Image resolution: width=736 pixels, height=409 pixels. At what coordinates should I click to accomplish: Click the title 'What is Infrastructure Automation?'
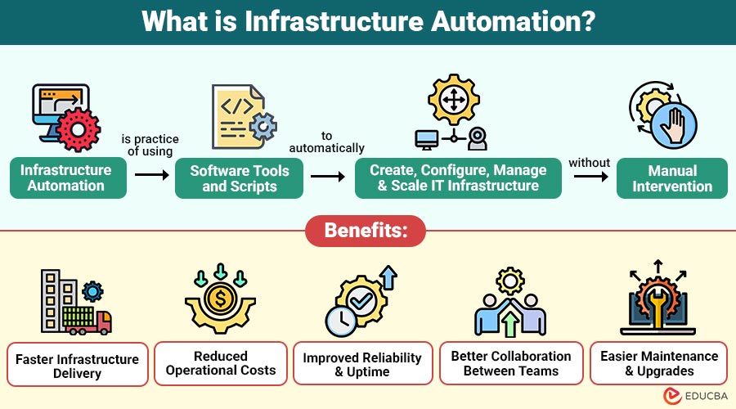(x=368, y=21)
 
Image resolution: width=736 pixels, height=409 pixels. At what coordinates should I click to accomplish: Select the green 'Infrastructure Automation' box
(x=69, y=178)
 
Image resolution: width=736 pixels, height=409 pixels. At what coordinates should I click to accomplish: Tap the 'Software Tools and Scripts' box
(x=240, y=178)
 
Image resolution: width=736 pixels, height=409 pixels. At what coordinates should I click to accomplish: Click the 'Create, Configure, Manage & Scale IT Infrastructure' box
(x=458, y=178)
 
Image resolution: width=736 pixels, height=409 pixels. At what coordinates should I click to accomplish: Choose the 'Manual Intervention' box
(x=672, y=178)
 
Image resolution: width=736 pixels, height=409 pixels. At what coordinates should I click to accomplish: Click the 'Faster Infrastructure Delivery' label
(x=79, y=366)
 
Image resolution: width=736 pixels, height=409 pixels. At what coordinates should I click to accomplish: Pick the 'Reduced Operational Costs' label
(x=221, y=363)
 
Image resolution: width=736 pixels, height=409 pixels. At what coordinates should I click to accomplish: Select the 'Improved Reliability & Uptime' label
(x=362, y=364)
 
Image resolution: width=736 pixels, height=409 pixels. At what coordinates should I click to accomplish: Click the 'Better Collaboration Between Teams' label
(x=511, y=363)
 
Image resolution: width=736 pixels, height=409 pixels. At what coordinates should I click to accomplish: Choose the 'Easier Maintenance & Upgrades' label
(x=659, y=363)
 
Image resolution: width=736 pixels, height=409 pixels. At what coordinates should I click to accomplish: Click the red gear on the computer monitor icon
(x=79, y=130)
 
